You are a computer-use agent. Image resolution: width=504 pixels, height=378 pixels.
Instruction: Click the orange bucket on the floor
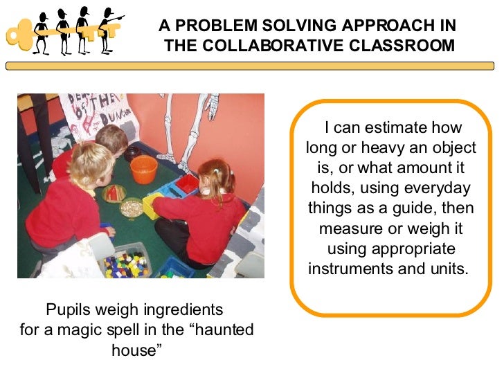click(x=143, y=169)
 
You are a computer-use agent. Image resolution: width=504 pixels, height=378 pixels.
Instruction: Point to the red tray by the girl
click(x=187, y=184)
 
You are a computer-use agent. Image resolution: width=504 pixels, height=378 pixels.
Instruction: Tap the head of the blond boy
click(x=92, y=164)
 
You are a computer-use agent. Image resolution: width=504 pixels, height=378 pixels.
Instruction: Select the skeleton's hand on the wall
click(x=213, y=111)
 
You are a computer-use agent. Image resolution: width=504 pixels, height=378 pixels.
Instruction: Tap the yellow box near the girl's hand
click(x=154, y=205)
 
